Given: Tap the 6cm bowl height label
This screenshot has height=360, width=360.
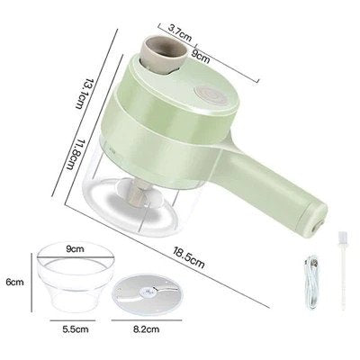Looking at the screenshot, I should tap(13, 282).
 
